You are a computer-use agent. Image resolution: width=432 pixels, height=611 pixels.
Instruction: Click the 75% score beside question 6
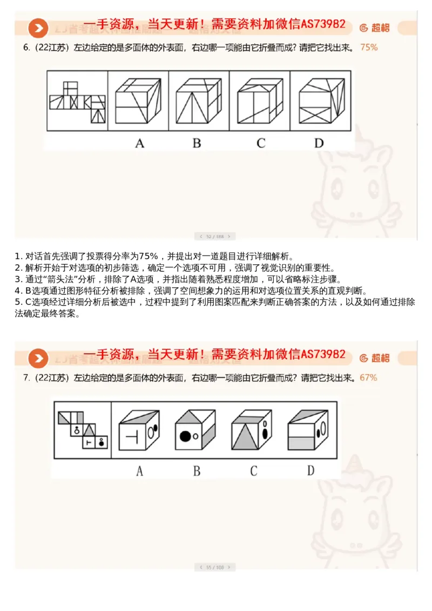[x=369, y=48]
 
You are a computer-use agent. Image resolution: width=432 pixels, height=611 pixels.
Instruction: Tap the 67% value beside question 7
[x=368, y=378]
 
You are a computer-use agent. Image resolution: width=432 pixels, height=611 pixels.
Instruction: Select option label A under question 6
[x=139, y=143]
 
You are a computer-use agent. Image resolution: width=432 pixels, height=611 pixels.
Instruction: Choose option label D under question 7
[x=310, y=471]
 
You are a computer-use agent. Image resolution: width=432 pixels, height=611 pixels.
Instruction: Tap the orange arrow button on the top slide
[x=38, y=28]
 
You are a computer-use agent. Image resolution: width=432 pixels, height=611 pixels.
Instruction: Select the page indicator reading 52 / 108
[x=215, y=236]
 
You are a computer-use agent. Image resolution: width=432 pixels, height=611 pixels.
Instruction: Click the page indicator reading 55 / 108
[x=215, y=567]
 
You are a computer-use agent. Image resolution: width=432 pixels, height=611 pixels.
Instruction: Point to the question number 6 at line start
[x=26, y=48]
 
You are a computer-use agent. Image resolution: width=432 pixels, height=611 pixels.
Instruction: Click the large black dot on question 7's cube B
[x=185, y=435]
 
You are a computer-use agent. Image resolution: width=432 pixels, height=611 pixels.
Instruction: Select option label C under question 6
[x=261, y=143]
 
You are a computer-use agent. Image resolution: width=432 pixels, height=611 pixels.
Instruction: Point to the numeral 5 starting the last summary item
[x=17, y=302]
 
